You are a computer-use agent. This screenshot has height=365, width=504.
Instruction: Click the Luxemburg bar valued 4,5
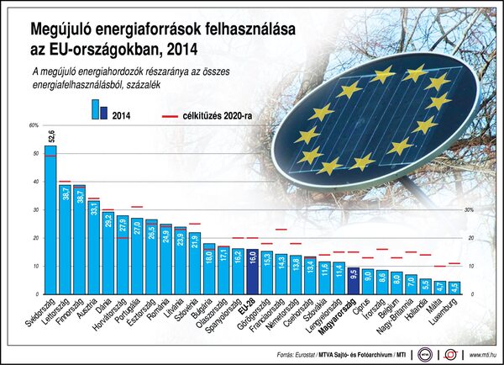click(x=454, y=288)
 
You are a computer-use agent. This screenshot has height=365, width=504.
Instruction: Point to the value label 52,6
click(x=51, y=136)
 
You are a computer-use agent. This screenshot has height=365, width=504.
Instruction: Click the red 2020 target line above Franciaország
click(x=281, y=230)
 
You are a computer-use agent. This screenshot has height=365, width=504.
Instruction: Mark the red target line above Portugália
click(x=137, y=207)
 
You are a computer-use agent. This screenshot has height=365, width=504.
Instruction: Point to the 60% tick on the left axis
click(x=34, y=125)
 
